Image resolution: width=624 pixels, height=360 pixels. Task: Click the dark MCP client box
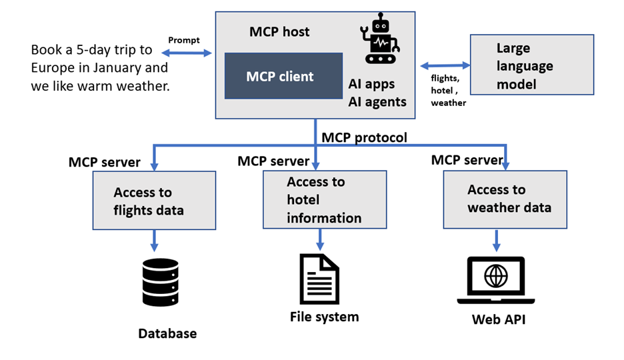pyautogui.click(x=279, y=76)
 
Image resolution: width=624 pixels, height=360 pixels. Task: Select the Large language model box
pyautogui.click(x=531, y=65)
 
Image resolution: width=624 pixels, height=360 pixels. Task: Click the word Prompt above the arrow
pyautogui.click(x=184, y=40)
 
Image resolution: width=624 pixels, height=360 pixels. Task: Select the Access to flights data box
pyautogui.click(x=154, y=201)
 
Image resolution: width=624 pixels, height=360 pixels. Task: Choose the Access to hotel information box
pyautogui.click(x=324, y=199)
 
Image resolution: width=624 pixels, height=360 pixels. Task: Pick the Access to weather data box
pyautogui.click(x=505, y=199)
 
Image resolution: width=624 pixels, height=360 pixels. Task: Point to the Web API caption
pyautogui.click(x=499, y=319)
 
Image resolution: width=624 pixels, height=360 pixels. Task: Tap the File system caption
pyautogui.click(x=324, y=317)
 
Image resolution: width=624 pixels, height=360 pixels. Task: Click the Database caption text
pyautogui.click(x=167, y=333)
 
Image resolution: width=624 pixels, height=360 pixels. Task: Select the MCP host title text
pyautogui.click(x=279, y=31)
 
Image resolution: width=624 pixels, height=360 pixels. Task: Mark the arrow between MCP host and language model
pyautogui.click(x=445, y=66)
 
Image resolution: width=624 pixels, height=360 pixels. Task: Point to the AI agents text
pyautogui.click(x=377, y=101)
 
